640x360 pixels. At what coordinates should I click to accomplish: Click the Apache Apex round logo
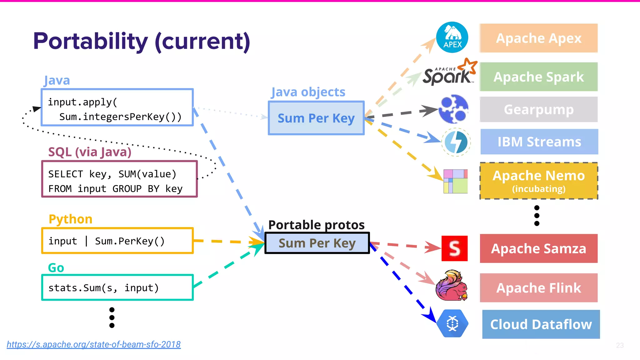pos(452,37)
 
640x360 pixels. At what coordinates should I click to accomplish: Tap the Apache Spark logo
pos(449,73)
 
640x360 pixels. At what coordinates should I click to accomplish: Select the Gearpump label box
pos(538,109)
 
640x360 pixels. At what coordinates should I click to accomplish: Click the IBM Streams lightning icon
pos(456,142)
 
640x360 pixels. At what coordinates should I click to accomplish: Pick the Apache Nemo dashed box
pos(538,181)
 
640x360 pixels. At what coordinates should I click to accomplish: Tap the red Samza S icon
pos(454,248)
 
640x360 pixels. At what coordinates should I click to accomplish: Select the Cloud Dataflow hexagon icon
pos(452,323)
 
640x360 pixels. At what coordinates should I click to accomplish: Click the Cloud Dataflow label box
pos(541,324)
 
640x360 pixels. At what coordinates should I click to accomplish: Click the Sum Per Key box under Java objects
pos(316,118)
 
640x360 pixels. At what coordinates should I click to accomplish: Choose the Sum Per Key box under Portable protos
pos(317,243)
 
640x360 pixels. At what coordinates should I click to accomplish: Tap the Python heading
pos(71,219)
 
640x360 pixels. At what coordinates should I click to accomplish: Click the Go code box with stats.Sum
pos(117,287)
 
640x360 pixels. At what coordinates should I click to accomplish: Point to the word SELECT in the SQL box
pos(66,174)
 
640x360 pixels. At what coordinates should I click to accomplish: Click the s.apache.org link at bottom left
pos(94,344)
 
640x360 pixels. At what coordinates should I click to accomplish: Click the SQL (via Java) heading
pos(90,152)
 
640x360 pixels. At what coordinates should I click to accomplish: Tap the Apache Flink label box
pos(538,288)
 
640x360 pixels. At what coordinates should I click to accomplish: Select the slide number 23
pos(620,345)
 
